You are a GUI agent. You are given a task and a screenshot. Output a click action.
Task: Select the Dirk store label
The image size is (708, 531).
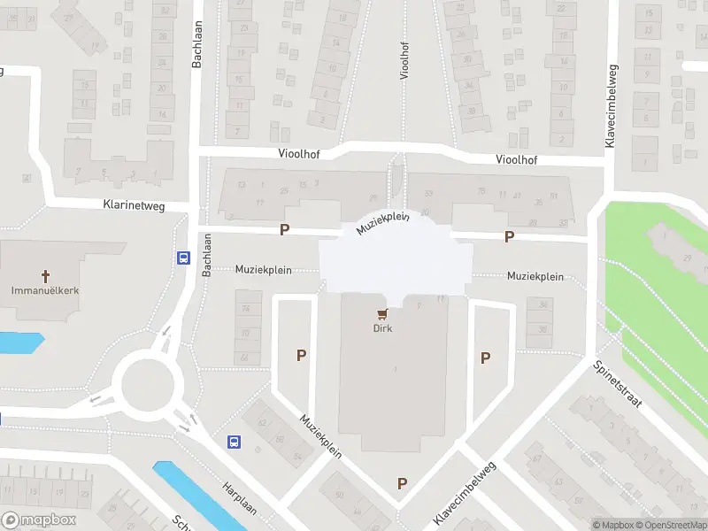click(x=382, y=328)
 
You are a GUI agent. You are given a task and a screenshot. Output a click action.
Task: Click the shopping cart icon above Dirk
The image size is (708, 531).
click(x=382, y=313)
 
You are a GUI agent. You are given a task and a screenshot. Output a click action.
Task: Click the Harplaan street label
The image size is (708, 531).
click(x=241, y=497)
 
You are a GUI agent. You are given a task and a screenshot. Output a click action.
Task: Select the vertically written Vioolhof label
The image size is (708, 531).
click(x=404, y=60)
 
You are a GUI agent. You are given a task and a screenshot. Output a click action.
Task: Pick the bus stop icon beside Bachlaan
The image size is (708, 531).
click(x=183, y=258)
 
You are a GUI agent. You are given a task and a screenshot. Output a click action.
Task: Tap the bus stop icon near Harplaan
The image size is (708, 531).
click(x=235, y=442)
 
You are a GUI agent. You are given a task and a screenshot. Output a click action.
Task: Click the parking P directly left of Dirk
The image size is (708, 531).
click(x=302, y=356)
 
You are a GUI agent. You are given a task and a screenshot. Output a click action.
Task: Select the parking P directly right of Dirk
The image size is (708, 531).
click(x=485, y=358)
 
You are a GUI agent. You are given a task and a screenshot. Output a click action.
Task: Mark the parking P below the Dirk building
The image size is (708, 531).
click(x=403, y=483)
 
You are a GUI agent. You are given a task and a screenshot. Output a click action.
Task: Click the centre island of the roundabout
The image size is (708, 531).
click(x=147, y=386)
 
